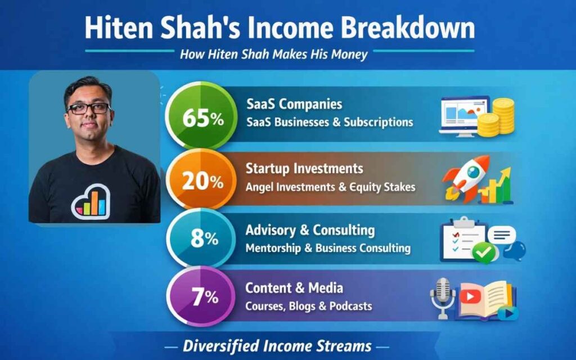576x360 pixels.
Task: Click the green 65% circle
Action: [x=195, y=119]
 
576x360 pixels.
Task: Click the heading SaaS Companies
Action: [x=294, y=105]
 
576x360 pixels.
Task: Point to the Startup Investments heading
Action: [x=304, y=168]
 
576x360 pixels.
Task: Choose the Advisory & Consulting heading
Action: [x=310, y=230]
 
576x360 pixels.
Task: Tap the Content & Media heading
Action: [x=294, y=288]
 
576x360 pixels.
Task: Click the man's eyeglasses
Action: [x=88, y=108]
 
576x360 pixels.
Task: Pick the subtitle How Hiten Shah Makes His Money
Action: [x=273, y=55]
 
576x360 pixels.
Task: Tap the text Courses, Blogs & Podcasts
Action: [x=309, y=306]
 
